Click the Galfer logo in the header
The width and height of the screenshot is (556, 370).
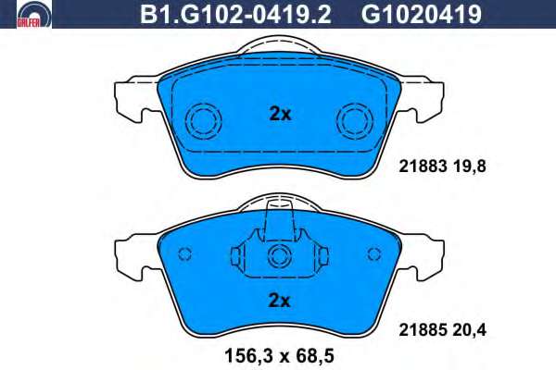(34, 14)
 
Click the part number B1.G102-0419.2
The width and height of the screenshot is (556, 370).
(235, 15)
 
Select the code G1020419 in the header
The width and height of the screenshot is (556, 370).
(422, 15)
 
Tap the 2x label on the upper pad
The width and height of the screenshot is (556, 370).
(280, 114)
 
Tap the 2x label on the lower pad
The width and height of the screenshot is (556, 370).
(280, 301)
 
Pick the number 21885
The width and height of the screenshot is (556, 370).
(423, 330)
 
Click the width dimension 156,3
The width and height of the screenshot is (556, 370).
(249, 356)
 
